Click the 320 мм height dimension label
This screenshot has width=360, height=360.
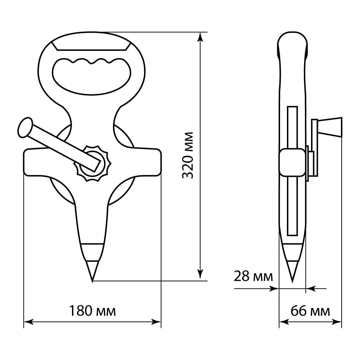point(188,155)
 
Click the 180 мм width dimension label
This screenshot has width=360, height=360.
point(92,311)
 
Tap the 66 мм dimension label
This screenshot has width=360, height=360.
point(310,311)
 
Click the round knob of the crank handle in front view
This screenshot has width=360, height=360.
point(25,128)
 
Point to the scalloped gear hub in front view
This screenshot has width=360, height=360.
point(92,163)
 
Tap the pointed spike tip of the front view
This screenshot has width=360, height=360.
point(92,282)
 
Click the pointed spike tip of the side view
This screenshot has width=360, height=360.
point(292,282)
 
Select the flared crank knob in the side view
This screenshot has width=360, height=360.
point(330,127)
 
